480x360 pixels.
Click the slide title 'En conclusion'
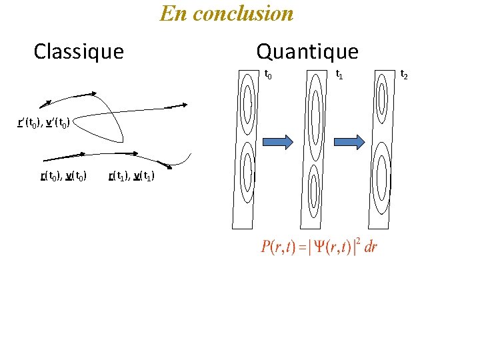227,13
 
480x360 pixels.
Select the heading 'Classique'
79,51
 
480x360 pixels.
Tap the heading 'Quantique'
307,51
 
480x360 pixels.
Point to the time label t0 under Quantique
268,74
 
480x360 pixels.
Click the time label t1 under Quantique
339,74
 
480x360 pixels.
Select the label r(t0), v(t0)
64,176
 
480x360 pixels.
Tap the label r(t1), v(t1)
131,176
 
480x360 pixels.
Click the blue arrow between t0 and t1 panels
277,141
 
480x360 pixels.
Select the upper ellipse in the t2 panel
382,97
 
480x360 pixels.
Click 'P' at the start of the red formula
266,247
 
